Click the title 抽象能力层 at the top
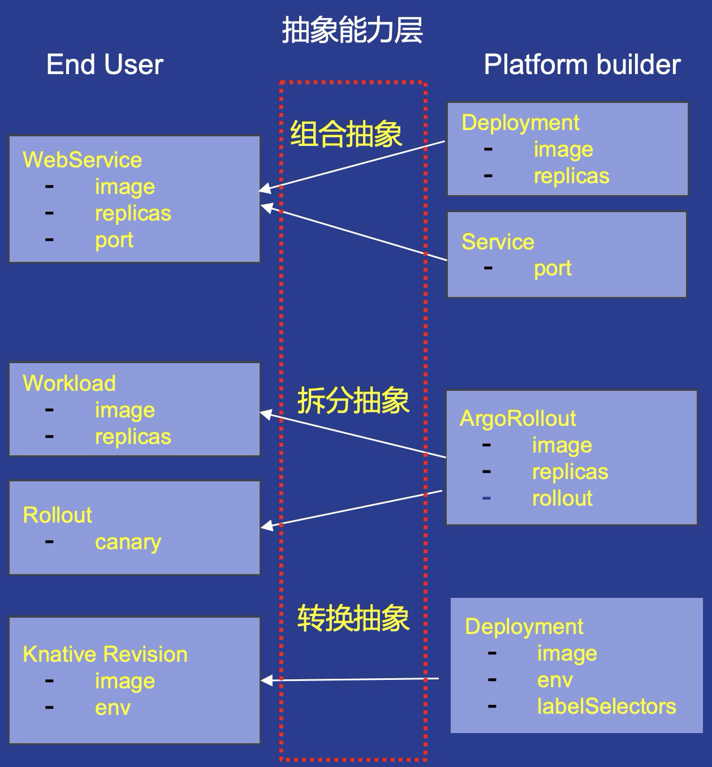(352, 31)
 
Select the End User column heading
(105, 64)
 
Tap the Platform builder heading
(582, 64)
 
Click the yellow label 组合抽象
(346, 135)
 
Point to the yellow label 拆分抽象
(353, 401)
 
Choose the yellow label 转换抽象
(353, 618)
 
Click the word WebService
(82, 160)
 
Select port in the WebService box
(114, 240)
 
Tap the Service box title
(498, 242)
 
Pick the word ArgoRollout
(517, 419)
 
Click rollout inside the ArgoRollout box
(562, 498)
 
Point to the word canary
(128, 542)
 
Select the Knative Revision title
(105, 654)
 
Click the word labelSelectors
(606, 706)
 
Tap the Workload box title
(69, 383)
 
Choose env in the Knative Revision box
(113, 708)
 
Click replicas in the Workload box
(133, 437)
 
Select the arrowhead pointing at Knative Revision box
(266, 680)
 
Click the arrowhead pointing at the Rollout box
(266, 526)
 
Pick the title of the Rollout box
(57, 515)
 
